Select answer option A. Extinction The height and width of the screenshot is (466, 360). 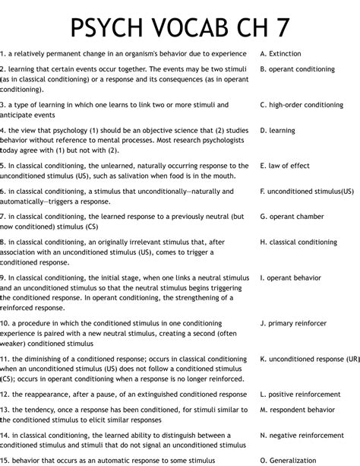click(280, 54)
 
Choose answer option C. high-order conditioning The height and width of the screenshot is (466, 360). click(302, 105)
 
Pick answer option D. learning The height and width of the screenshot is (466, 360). click(277, 131)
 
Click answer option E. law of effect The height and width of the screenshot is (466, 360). click(285, 165)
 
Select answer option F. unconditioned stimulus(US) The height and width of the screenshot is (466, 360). click(307, 192)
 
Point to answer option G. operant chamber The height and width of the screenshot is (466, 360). click(292, 217)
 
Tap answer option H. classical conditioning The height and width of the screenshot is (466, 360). click(298, 243)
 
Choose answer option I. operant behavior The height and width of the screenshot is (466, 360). click(291, 278)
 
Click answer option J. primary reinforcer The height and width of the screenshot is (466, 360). click(293, 323)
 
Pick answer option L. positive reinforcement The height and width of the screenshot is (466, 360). click(300, 395)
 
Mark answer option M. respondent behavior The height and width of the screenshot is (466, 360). click(297, 409)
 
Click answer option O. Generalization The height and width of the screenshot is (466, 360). click(288, 460)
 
